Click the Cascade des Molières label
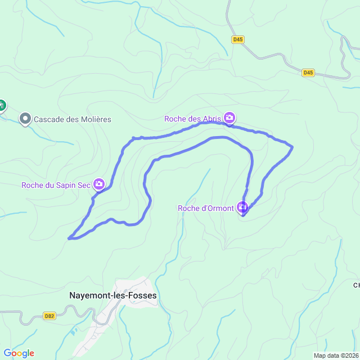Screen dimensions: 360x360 point(73,119)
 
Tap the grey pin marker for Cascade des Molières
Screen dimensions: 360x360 point(25,119)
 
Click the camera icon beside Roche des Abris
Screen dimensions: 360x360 point(229,118)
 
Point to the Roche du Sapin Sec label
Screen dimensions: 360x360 point(56,185)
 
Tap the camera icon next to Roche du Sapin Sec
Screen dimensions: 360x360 point(99,184)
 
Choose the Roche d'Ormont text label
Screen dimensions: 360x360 point(205,208)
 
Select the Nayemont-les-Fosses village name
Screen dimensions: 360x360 point(113,295)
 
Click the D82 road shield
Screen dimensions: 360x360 point(49,316)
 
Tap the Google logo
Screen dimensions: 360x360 point(19,353)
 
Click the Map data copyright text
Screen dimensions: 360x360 point(336,355)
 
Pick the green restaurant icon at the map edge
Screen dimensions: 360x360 point(2,105)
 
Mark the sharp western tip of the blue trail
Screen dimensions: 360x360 point(69,238)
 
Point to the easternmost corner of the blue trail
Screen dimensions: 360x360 point(292,147)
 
